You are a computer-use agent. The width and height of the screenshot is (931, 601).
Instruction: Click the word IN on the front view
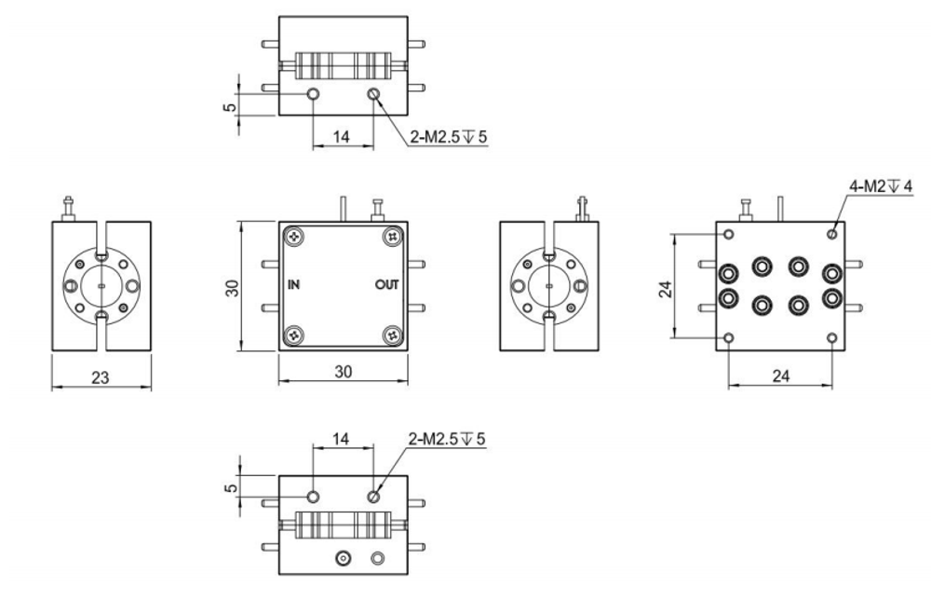[x=293, y=285]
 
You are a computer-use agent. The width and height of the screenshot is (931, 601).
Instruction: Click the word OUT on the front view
[x=387, y=285]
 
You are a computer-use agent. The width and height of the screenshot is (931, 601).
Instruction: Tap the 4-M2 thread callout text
[x=881, y=186]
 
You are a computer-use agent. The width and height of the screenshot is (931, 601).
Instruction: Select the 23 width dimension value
[x=100, y=377]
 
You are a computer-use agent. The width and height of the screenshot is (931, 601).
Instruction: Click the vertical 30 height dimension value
[x=233, y=288]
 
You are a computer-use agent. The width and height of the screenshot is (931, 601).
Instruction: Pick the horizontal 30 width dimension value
[x=344, y=372]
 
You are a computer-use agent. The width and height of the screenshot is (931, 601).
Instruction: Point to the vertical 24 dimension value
[x=667, y=289]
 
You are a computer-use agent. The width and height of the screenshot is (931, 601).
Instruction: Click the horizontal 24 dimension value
[x=781, y=376]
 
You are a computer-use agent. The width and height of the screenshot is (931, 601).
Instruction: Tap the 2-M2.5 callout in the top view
[x=449, y=137]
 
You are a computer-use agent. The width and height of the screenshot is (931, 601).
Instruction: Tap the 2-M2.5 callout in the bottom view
[x=447, y=439]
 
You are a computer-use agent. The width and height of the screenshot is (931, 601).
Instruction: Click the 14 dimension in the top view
[x=341, y=137]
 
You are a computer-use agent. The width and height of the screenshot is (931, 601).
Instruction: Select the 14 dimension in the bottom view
[x=341, y=439]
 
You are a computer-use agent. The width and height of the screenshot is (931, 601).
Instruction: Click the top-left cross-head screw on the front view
[x=294, y=237]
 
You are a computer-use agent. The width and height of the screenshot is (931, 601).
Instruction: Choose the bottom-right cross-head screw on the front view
[x=393, y=335]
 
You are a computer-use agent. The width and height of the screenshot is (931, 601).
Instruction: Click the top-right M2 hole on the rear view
[x=832, y=234]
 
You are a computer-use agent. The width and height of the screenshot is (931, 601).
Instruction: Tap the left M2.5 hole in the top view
[x=314, y=94]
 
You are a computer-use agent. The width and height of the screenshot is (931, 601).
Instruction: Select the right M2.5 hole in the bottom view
[x=373, y=496]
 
